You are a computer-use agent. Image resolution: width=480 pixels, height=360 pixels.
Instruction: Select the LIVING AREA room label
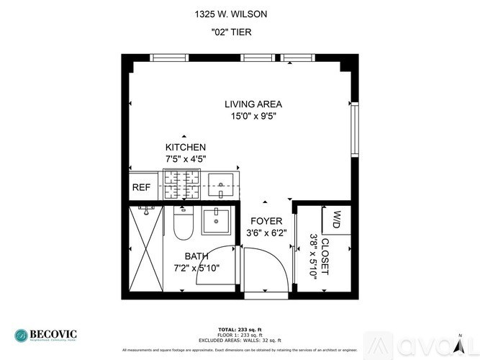252,104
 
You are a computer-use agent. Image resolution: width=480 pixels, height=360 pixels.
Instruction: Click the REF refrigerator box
141,188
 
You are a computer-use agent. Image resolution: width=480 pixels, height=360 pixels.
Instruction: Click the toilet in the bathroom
183,222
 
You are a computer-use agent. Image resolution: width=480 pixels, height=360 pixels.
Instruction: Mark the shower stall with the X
146,251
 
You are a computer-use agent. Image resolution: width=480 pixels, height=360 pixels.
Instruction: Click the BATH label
196,256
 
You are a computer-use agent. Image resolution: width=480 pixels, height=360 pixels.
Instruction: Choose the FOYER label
266,221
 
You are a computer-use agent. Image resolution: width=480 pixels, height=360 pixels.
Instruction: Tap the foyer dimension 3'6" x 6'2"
266,233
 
